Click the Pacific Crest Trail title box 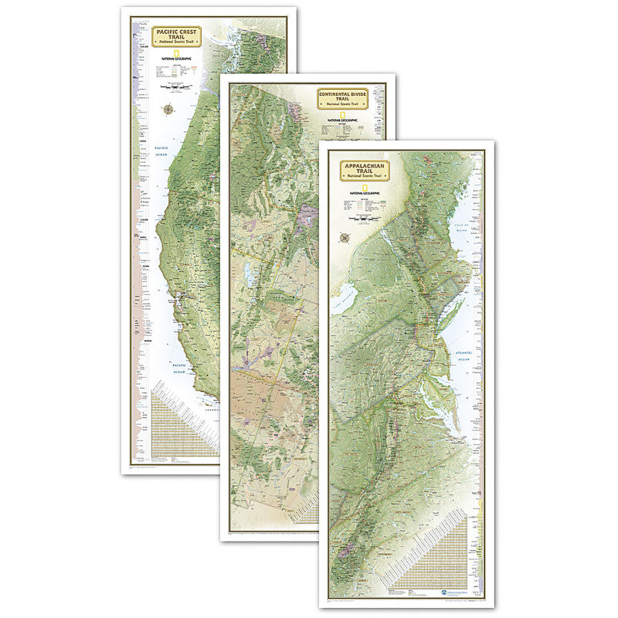[176, 38]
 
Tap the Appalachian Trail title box [360, 170]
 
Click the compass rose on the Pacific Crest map [168, 109]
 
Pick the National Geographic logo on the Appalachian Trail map [357, 191]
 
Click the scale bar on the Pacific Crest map [176, 89]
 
